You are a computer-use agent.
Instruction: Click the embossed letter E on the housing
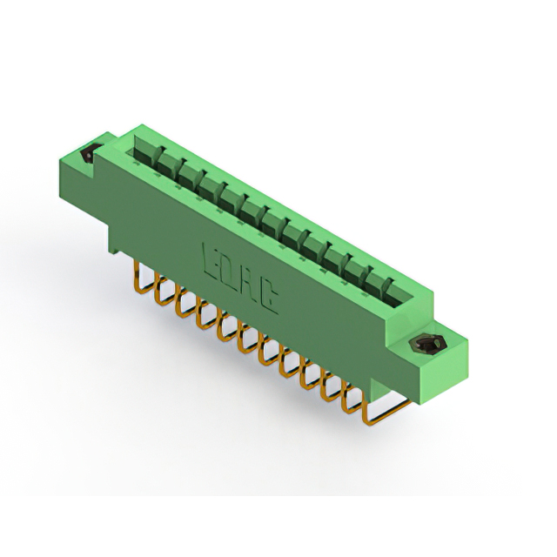[211, 257]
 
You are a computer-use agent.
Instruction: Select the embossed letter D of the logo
[229, 269]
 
